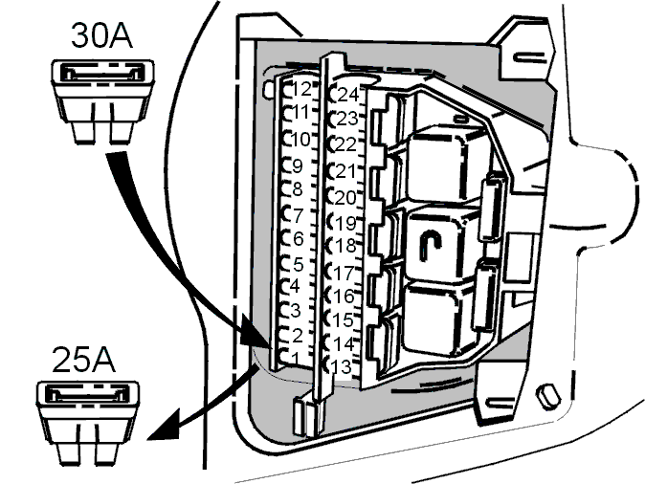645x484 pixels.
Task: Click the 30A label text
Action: coord(101,36)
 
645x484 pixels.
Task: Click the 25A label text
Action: coord(83,360)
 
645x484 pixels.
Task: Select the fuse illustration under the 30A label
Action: coord(102,102)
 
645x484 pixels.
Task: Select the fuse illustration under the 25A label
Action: coord(88,423)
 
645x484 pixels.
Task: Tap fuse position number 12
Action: coord(301,89)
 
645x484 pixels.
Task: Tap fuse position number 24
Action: coord(348,95)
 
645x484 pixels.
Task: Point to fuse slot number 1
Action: coord(296,359)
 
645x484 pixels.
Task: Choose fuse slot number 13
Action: coord(341,366)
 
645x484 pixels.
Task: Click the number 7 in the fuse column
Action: coord(299,215)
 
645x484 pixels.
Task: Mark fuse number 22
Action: coord(345,144)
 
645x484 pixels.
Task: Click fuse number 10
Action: coord(300,140)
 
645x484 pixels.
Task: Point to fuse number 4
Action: coord(295,287)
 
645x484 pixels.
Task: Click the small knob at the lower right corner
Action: coord(548,396)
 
